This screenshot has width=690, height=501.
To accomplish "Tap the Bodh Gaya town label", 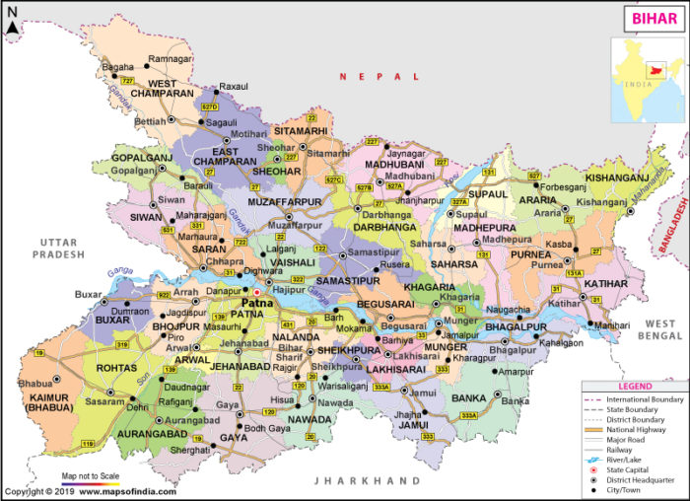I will [x=267, y=428].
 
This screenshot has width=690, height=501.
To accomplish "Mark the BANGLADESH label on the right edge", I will [x=678, y=222].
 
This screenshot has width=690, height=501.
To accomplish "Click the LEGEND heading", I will [x=634, y=386].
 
